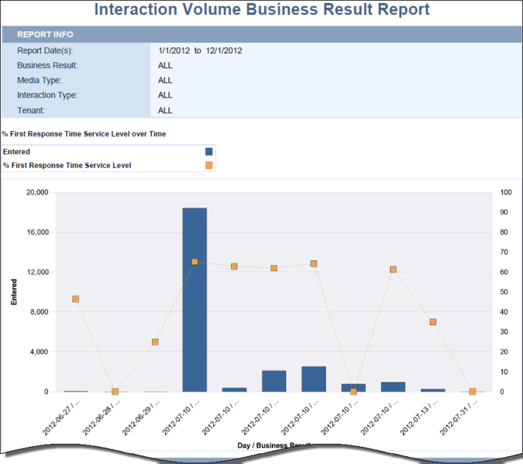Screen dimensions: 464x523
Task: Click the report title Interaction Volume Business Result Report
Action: [261, 10]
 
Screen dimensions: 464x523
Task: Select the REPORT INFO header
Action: [46, 35]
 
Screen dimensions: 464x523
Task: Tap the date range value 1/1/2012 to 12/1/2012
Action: [200, 50]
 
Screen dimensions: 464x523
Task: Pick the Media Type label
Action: [40, 81]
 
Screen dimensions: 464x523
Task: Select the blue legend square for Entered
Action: [209, 152]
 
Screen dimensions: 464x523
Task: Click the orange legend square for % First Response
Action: [209, 165]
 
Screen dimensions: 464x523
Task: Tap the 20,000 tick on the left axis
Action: [37, 192]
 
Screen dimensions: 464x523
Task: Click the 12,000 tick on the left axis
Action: [37, 272]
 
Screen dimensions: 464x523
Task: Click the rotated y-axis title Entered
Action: [14, 292]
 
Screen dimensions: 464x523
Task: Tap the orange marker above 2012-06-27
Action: [75, 299]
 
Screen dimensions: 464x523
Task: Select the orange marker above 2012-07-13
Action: [432, 321]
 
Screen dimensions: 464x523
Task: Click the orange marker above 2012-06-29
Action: [155, 342]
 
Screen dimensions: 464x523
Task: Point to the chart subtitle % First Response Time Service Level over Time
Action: [84, 134]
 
